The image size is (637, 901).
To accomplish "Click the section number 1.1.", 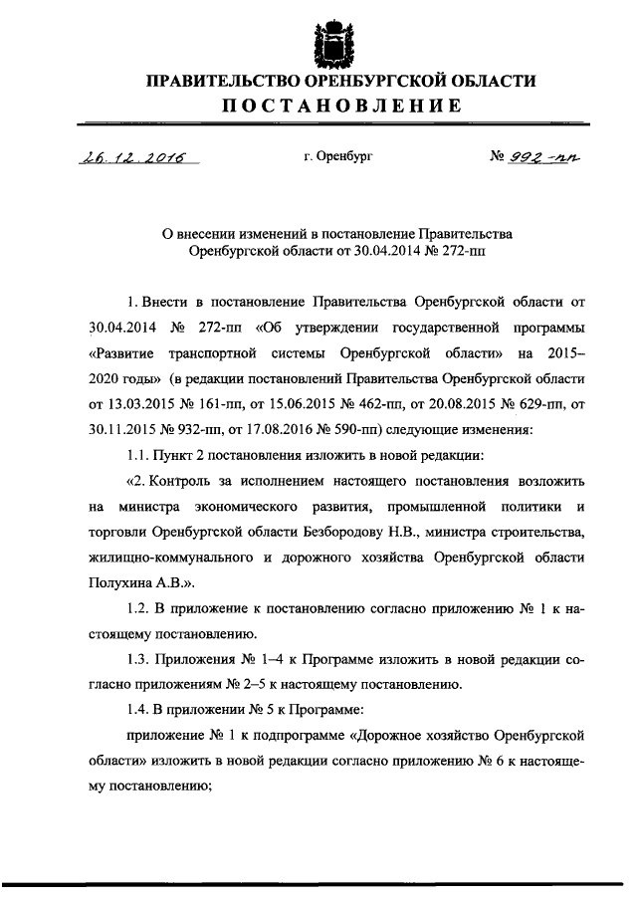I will tap(140, 456).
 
